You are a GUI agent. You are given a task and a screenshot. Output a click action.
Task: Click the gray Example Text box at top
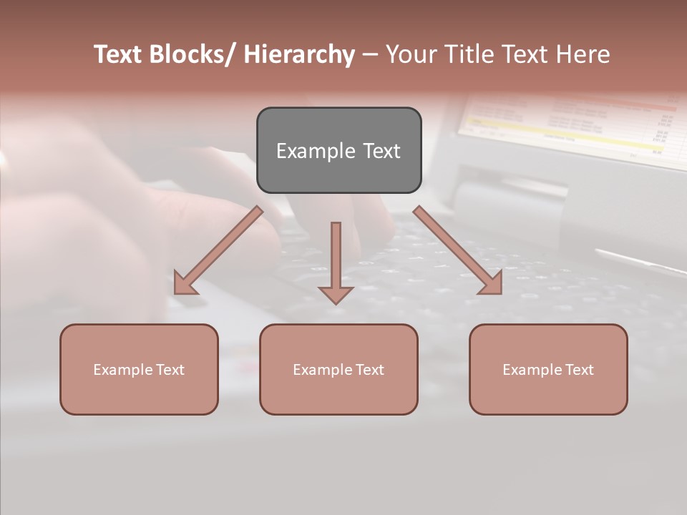pos(338,150)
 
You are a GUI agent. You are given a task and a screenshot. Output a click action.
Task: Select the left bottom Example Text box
pos(139,369)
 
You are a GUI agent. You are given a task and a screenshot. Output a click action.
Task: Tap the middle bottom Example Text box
pos(338,369)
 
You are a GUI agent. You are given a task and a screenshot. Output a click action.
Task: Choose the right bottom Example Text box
pos(548,369)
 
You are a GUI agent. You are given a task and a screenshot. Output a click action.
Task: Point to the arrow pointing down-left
pos(218,250)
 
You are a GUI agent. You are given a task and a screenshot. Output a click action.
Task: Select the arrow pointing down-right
pos(458,250)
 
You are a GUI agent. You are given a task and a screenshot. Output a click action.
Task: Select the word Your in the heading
pos(412,54)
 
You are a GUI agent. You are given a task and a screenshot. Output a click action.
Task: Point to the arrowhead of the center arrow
pos(336,294)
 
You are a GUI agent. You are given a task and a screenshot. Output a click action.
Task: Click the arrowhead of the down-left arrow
pos(184,285)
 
